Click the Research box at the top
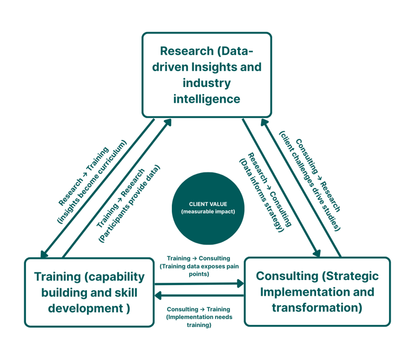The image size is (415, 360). point(206,75)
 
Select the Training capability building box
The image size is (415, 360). point(89,292)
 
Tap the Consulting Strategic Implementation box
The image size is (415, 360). point(317,292)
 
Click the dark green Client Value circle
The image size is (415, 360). point(208,208)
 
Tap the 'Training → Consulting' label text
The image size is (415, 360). point(198,258)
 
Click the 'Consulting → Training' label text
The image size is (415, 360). point(198,309)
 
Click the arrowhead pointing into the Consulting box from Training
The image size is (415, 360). point(240,283)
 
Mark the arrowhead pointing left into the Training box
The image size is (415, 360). point(159,295)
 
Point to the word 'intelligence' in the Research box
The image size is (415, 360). point(206,99)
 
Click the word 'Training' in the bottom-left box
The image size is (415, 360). point(57,277)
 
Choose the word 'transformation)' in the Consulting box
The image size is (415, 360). point(317,308)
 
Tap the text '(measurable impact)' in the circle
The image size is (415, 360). point(208,211)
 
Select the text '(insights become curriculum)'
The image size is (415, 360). point(91,182)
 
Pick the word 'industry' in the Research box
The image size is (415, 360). point(206,83)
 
